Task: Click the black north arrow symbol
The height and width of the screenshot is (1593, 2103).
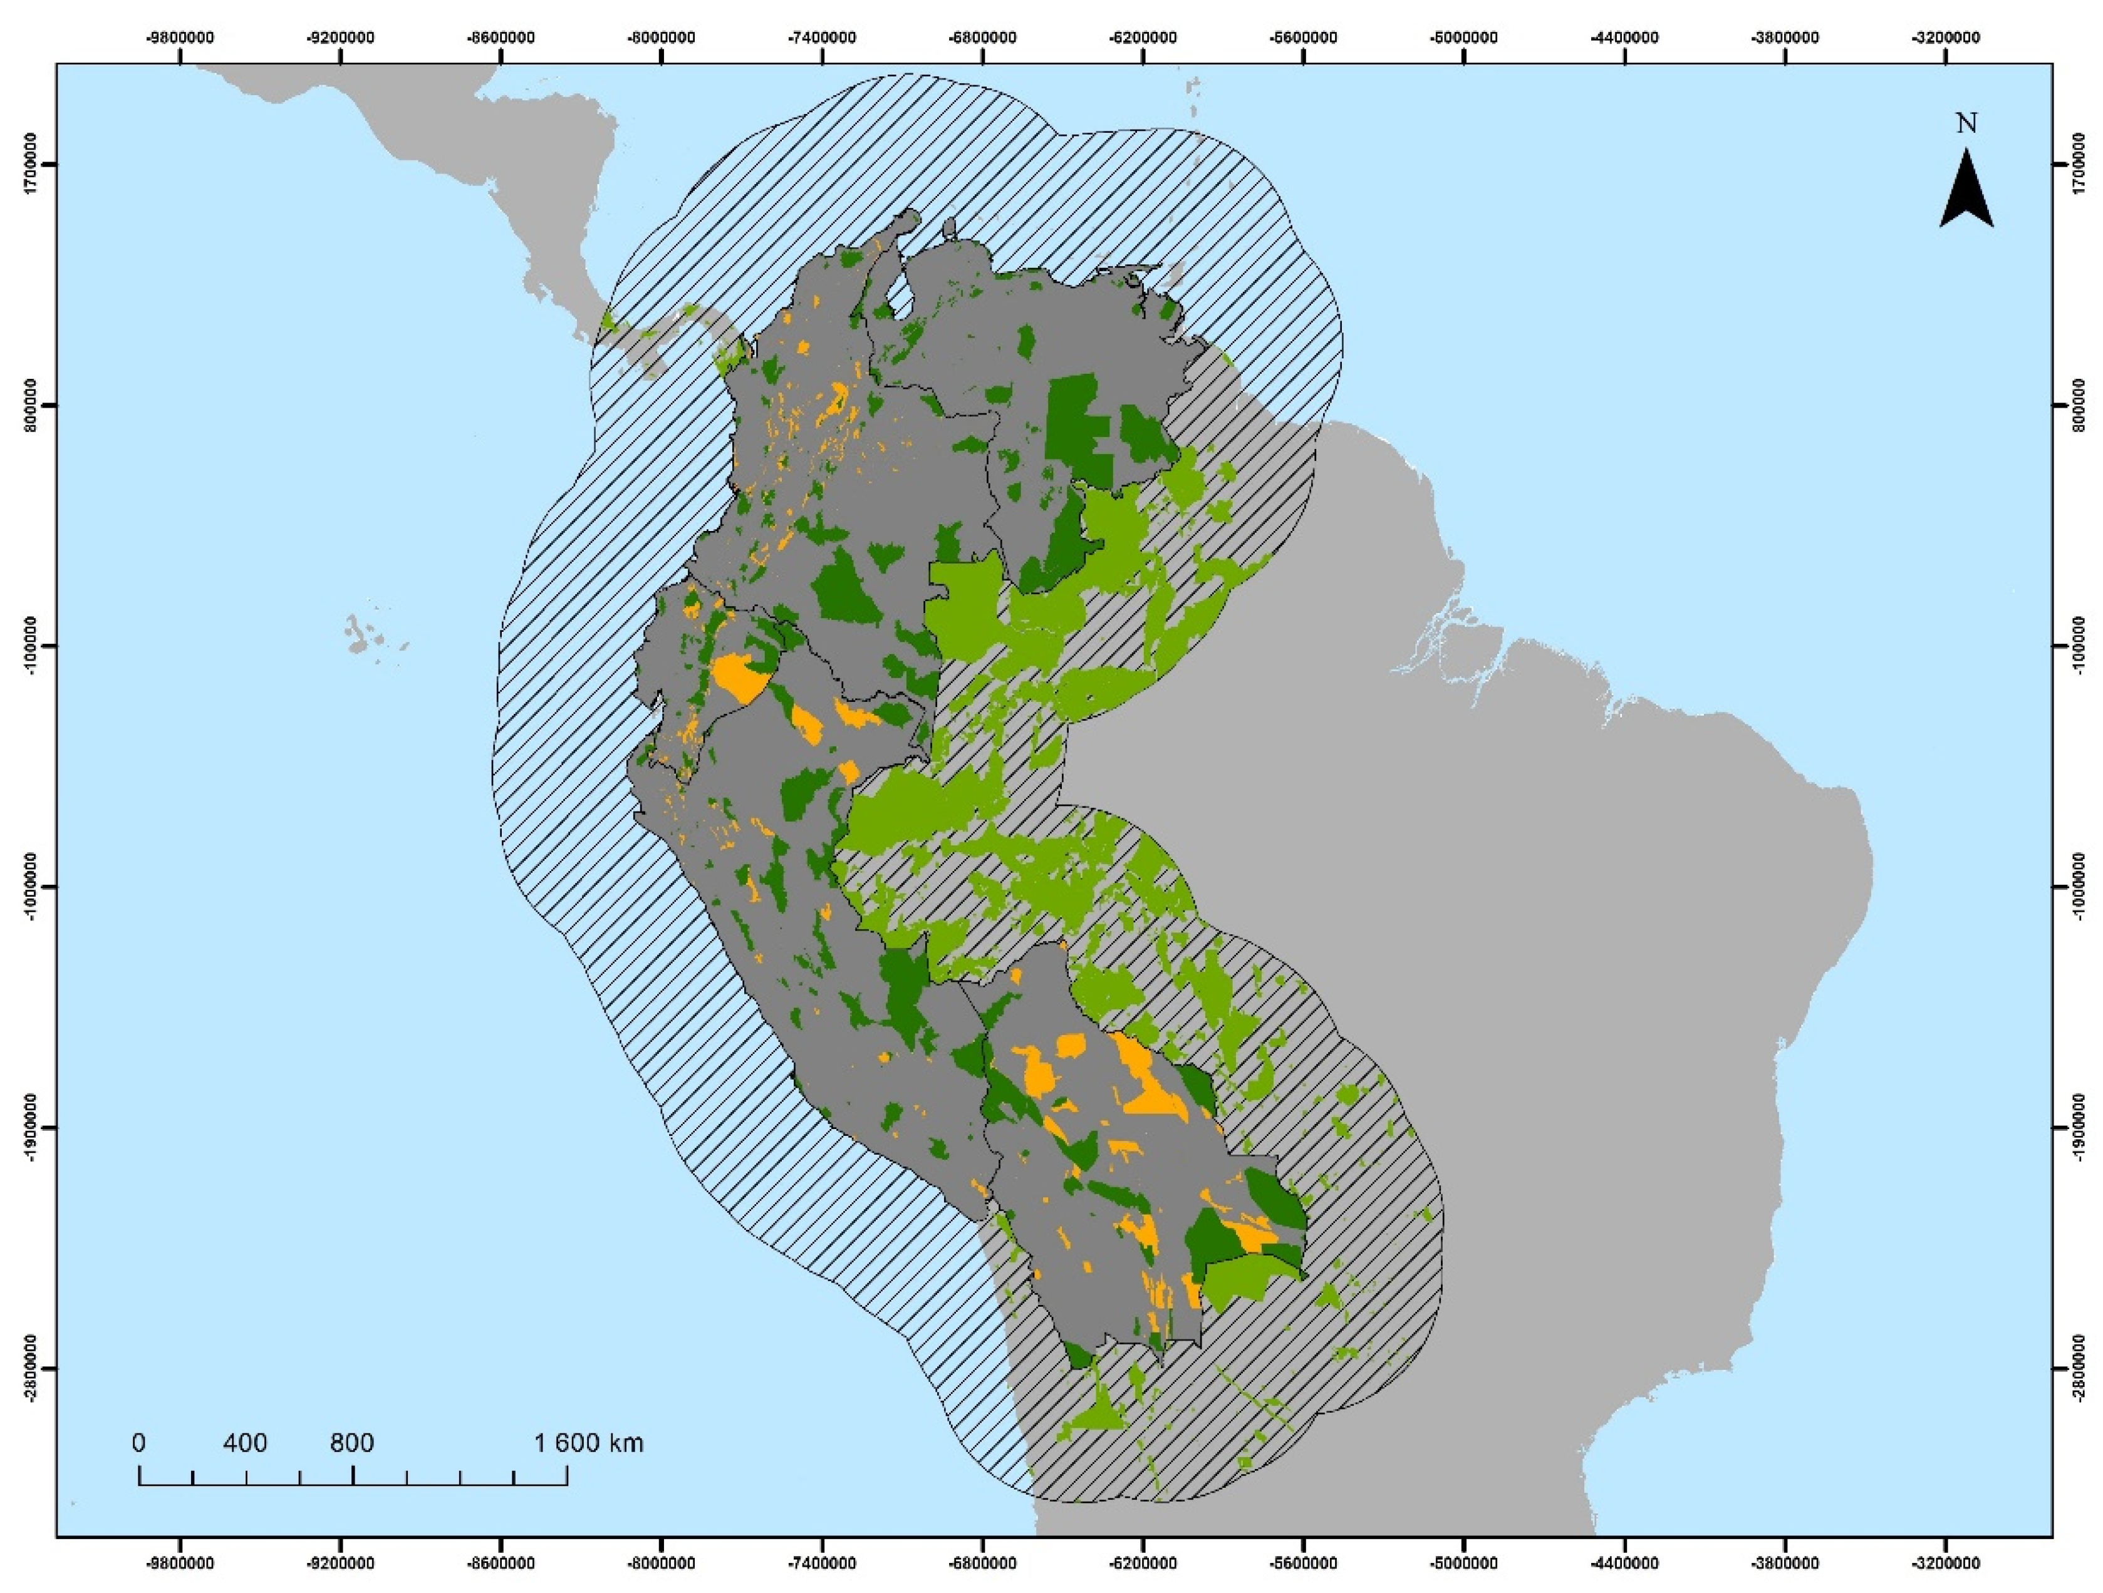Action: click(1966, 192)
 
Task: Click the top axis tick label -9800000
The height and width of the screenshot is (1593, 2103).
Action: click(180, 38)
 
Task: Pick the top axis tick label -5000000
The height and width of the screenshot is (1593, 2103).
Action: click(1465, 38)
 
